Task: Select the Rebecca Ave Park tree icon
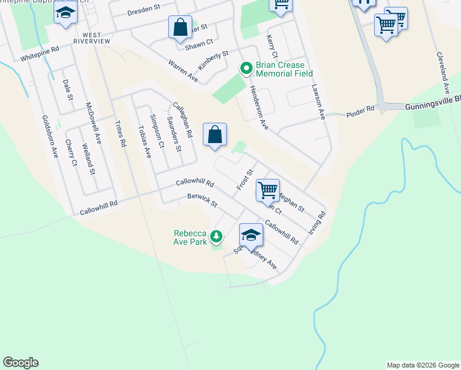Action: [216, 236]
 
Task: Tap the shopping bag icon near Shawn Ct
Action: [180, 28]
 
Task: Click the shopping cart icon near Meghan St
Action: [267, 191]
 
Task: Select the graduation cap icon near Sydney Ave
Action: [251, 235]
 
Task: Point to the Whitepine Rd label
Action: [39, 54]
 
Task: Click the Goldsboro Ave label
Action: [49, 136]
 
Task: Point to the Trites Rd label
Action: [120, 133]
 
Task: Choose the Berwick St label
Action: [203, 200]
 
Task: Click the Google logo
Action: [20, 363]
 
